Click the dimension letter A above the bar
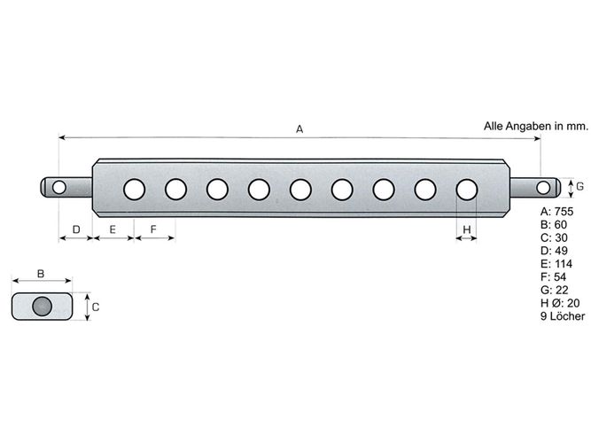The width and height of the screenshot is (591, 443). [299, 129]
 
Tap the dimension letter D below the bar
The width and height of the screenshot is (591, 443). [76, 229]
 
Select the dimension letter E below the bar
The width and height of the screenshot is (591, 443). [113, 229]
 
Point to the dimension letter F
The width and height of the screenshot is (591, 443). [153, 229]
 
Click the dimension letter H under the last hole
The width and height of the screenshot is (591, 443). [467, 229]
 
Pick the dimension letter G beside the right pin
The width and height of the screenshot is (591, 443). [580, 186]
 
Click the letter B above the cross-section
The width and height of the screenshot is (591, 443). [41, 274]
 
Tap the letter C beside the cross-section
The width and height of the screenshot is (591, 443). [96, 307]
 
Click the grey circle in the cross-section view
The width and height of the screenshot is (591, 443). [42, 307]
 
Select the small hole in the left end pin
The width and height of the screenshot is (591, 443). [58, 187]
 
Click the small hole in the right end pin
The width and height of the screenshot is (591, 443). [543, 187]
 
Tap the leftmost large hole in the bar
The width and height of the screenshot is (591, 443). [134, 190]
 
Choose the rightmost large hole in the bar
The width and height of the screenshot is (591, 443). [467, 190]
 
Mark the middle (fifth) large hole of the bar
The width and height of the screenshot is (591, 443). [300, 190]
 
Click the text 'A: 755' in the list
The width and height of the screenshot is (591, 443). [556, 211]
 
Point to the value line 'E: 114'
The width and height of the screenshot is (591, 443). [556, 263]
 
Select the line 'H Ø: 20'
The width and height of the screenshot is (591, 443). [560, 303]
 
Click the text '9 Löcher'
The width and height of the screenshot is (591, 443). [563, 316]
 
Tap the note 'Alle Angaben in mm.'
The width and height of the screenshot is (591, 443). [535, 127]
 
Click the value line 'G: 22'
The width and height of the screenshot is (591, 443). [554, 290]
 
